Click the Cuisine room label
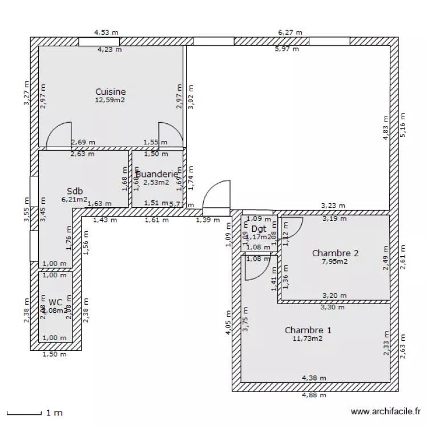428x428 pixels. (x=110, y=91)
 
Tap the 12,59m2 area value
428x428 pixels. (x=110, y=100)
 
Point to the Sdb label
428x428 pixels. (x=74, y=191)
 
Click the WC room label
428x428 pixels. (x=55, y=302)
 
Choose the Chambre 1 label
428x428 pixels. (x=308, y=330)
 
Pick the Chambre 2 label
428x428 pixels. (x=336, y=253)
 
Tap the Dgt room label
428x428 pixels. (x=259, y=229)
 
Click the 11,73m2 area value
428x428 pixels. (x=308, y=338)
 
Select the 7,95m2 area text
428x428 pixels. (x=336, y=261)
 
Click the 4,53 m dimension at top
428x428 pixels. (x=106, y=33)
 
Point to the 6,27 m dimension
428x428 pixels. (x=290, y=33)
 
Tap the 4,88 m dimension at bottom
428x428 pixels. (x=314, y=395)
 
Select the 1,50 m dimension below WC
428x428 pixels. (x=55, y=354)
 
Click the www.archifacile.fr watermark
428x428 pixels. (x=386, y=411)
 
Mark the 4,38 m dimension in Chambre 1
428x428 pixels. (x=314, y=378)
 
